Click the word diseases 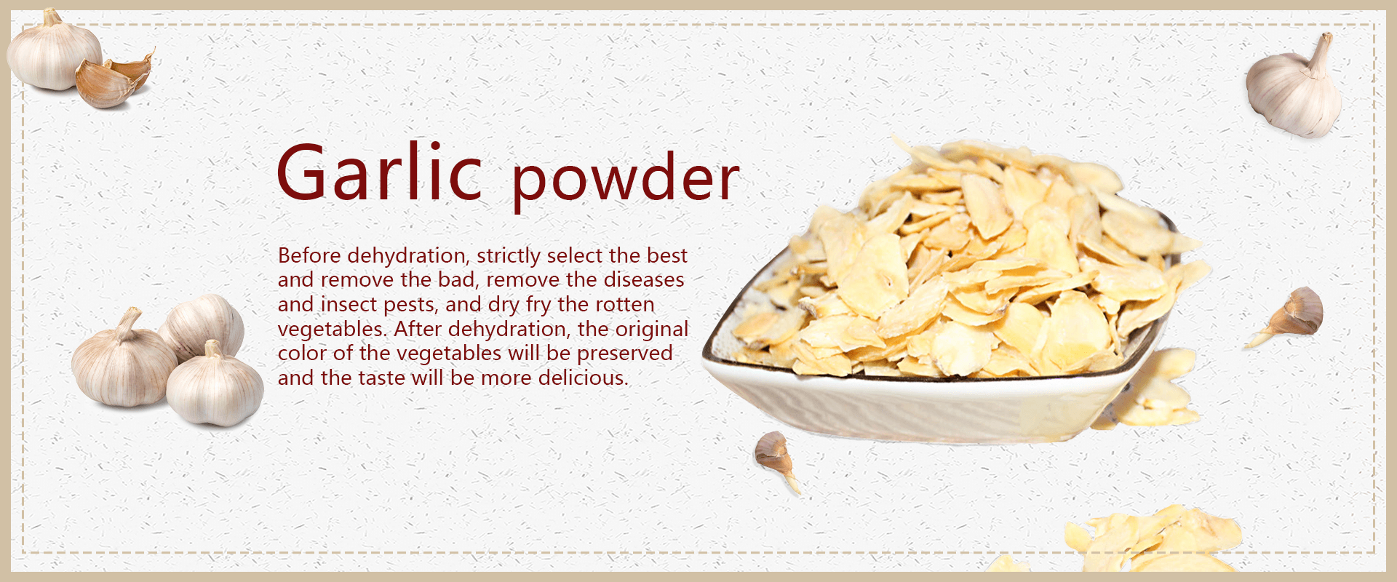coord(644,279)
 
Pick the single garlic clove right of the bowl coord(1289,314)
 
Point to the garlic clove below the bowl coord(776,458)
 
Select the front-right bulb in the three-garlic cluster coord(215,386)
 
